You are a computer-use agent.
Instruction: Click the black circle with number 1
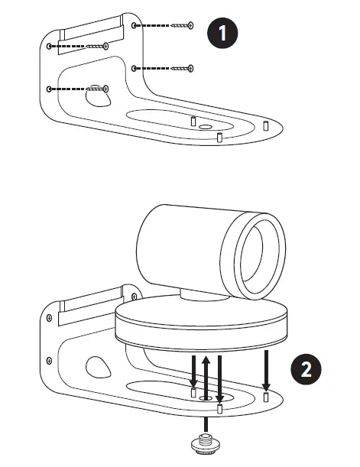tap(222, 33)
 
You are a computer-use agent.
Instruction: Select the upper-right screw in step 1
tap(181, 26)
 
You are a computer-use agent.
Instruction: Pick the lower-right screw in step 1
tap(182, 69)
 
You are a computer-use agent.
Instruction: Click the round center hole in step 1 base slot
tap(205, 126)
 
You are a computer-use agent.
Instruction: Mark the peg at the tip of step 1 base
tap(265, 125)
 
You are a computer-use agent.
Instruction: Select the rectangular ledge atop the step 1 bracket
tap(90, 30)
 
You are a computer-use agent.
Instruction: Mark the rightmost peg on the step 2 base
tap(265, 398)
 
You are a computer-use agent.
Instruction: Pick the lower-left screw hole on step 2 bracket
tap(50, 358)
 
